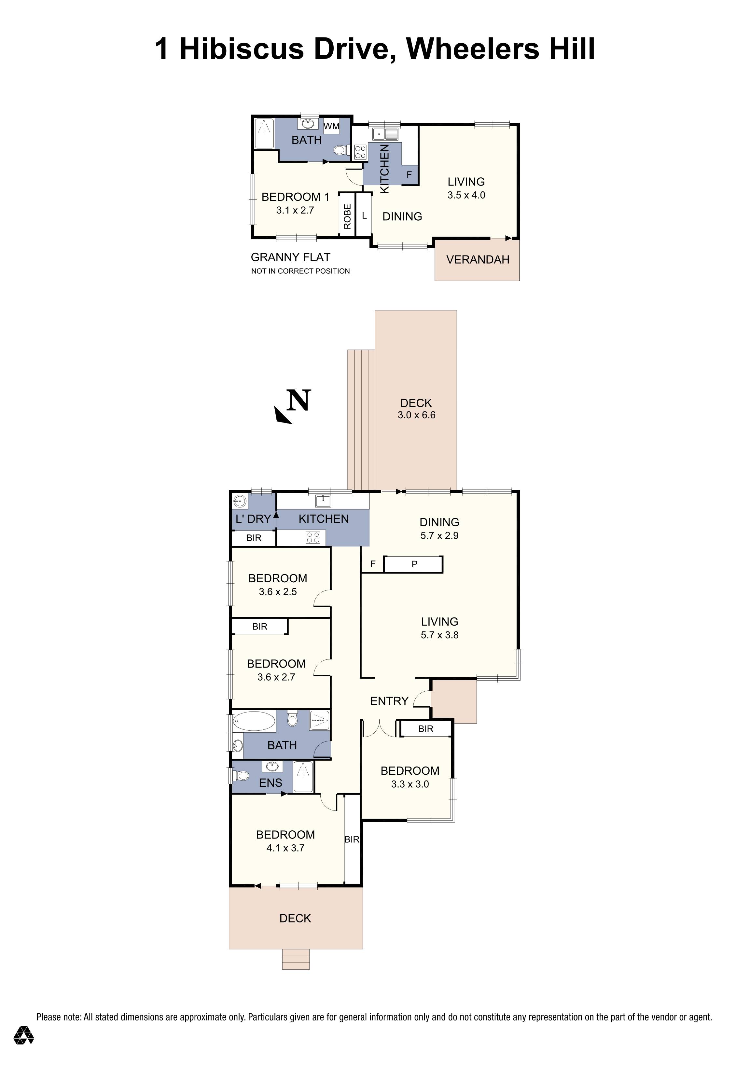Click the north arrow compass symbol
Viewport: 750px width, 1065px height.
pyautogui.click(x=292, y=406)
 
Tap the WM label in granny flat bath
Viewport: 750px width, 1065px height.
pyautogui.click(x=331, y=126)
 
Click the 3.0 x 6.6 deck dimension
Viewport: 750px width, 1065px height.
pyautogui.click(x=416, y=415)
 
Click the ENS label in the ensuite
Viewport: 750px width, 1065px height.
pyautogui.click(x=271, y=783)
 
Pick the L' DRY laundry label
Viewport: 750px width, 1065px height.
pyautogui.click(x=253, y=519)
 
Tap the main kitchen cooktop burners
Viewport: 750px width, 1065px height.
pyautogui.click(x=313, y=538)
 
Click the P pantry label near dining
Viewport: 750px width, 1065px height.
pyautogui.click(x=414, y=564)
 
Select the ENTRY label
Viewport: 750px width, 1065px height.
pyautogui.click(x=389, y=701)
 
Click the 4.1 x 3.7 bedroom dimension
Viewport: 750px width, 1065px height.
pyautogui.click(x=285, y=848)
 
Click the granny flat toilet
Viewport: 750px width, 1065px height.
pyautogui.click(x=340, y=150)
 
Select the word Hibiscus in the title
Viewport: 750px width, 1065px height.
pyautogui.click(x=241, y=49)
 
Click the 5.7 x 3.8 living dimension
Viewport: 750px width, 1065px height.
pyautogui.click(x=439, y=635)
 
